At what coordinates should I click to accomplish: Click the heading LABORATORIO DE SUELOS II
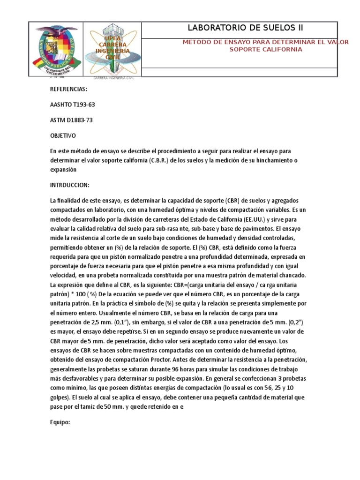click(239, 29)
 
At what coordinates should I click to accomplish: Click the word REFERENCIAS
click(68, 90)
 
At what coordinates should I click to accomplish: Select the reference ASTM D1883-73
click(71, 120)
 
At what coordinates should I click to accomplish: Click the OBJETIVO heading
click(63, 135)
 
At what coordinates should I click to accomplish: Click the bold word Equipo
click(60, 422)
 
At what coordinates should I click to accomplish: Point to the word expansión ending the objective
click(63, 169)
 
